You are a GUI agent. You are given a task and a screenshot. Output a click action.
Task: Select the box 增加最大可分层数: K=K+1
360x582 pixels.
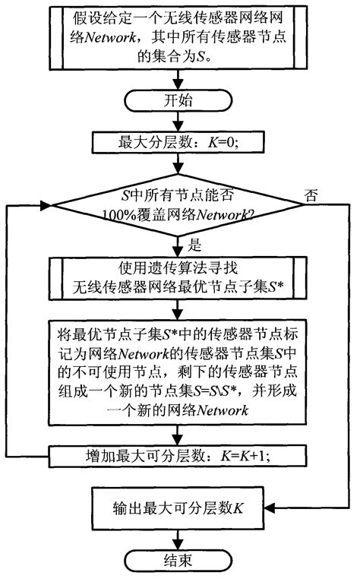click(179, 457)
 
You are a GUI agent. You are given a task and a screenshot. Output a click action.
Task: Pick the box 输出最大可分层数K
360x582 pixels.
click(179, 508)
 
